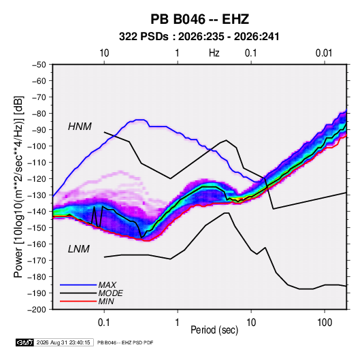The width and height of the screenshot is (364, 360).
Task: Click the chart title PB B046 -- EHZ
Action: (x=199, y=19)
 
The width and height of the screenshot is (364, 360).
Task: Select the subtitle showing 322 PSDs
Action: (x=199, y=37)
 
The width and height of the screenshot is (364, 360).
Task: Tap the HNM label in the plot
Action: (x=80, y=127)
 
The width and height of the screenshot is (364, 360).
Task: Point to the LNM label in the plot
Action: (x=78, y=249)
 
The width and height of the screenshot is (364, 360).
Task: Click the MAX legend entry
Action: (x=107, y=284)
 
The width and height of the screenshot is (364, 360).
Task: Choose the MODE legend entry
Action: (x=110, y=293)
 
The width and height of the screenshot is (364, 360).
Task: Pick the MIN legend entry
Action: (x=106, y=301)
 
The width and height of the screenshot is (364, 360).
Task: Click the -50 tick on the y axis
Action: (x=39, y=65)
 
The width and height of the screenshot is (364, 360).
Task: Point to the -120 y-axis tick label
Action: (x=37, y=179)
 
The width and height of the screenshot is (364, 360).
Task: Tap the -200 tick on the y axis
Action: (x=37, y=310)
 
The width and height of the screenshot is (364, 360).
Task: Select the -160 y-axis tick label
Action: (x=37, y=244)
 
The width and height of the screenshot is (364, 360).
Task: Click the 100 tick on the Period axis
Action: (x=325, y=323)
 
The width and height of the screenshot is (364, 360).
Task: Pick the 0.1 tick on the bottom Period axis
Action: (x=104, y=323)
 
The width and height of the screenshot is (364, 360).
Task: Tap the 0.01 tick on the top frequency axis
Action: (x=324, y=53)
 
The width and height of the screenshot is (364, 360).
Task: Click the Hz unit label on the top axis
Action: (x=214, y=53)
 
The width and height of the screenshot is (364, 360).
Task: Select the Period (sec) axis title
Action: (x=214, y=330)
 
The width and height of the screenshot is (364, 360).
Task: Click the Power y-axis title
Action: (x=18, y=187)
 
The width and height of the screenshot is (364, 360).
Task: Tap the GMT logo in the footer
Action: (x=24, y=342)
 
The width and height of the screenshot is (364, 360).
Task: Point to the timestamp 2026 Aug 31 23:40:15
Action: (x=63, y=342)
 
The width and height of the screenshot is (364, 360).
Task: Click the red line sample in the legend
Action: (x=78, y=301)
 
